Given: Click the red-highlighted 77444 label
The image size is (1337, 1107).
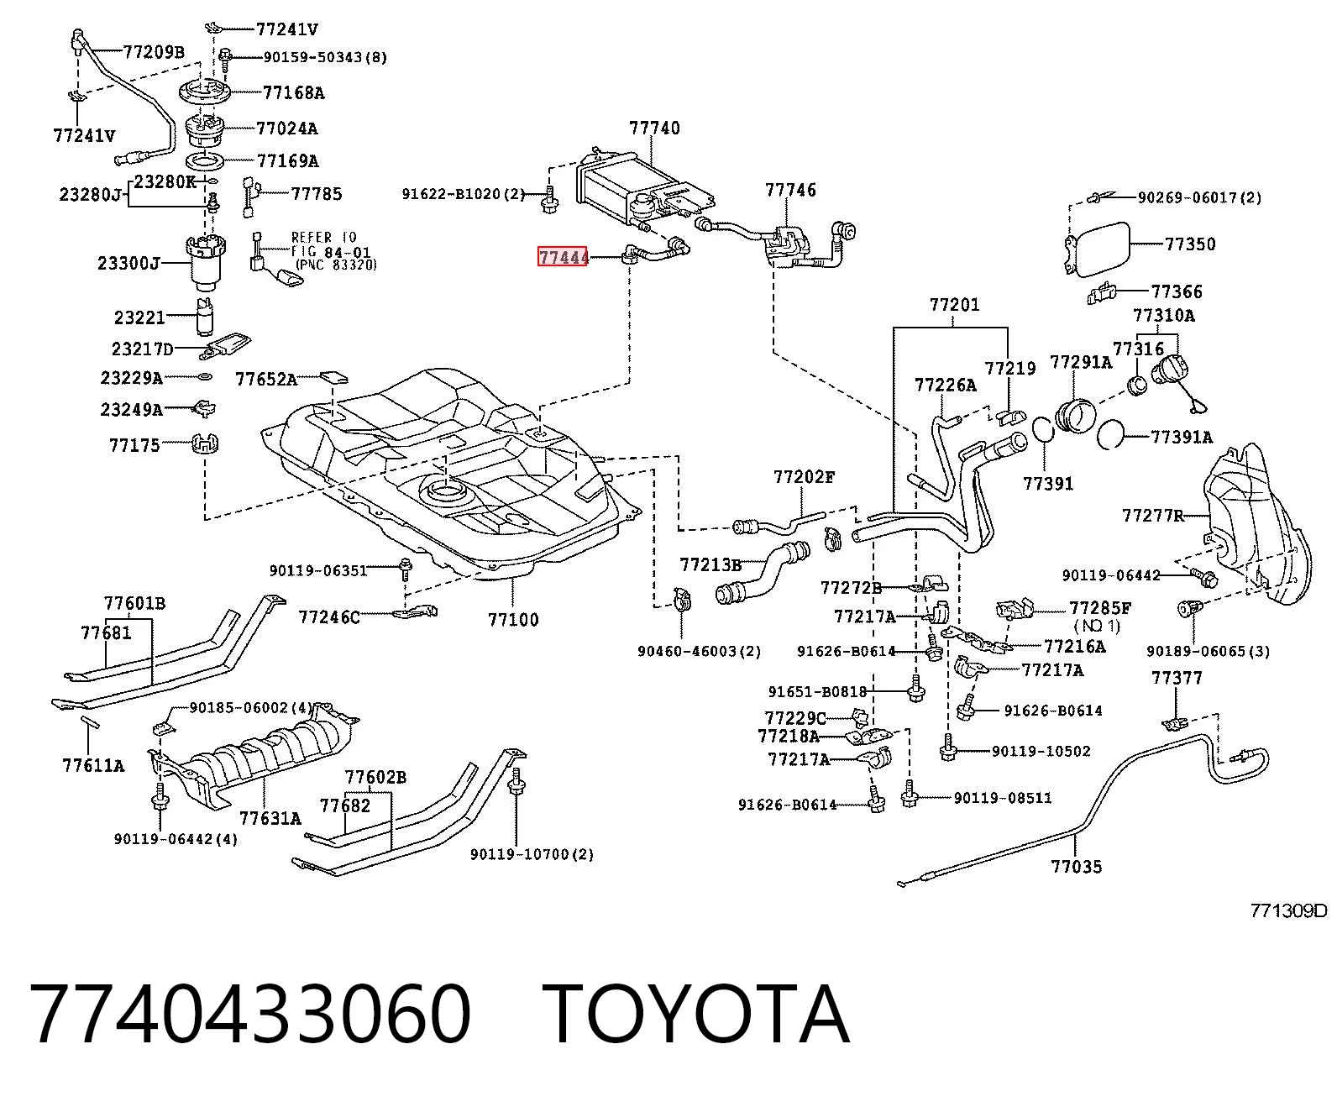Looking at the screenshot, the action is click(562, 257).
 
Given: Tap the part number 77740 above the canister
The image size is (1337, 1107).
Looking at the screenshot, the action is click(654, 129).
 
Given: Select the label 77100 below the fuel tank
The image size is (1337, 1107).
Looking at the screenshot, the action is click(513, 620).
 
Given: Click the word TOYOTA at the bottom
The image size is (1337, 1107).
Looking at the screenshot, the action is click(696, 1015).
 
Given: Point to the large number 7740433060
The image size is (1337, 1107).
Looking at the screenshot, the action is click(250, 1015).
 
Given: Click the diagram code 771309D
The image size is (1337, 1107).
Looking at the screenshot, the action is click(1289, 910).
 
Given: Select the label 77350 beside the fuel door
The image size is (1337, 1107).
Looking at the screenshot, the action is click(1190, 244).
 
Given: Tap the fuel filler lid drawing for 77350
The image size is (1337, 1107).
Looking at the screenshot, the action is click(1099, 249).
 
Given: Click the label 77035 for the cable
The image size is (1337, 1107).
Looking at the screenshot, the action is click(1077, 867).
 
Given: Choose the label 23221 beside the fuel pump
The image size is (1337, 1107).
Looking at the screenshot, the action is click(139, 317).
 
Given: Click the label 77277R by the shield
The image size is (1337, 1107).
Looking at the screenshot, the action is click(1153, 516).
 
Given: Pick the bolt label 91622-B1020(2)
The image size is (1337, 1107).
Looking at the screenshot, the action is click(464, 193).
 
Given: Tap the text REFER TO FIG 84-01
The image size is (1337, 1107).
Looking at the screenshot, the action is click(330, 244).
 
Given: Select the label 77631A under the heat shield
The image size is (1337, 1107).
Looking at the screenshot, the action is click(270, 818).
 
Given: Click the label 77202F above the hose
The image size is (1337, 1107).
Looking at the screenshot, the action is click(805, 476).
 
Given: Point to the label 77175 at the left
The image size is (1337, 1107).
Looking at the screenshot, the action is click(134, 444).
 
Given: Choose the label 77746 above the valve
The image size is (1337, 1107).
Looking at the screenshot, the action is click(791, 190).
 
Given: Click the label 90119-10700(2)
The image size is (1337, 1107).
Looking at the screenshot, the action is click(532, 854).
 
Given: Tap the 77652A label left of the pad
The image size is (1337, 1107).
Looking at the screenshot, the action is click(266, 380).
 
